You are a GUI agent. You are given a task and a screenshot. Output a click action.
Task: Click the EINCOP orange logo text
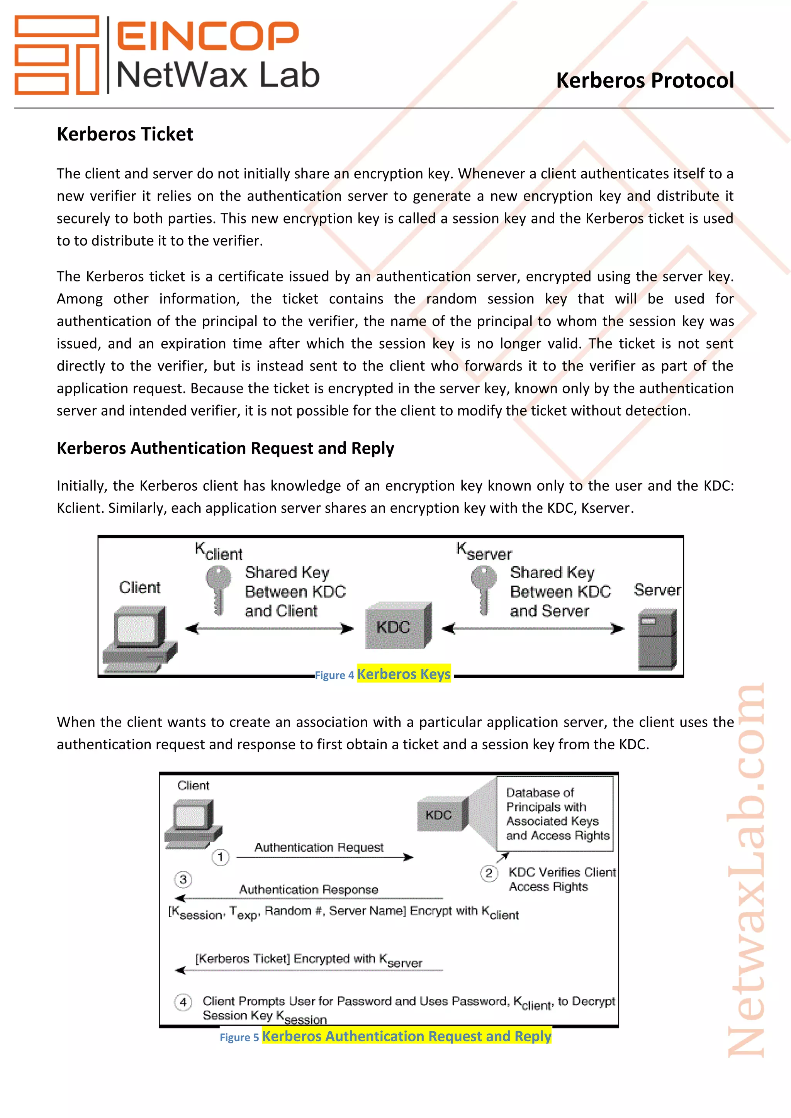[207, 36]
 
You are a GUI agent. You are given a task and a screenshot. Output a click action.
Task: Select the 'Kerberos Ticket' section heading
[125, 134]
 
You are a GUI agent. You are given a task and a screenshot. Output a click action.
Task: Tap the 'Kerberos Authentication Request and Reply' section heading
[225, 448]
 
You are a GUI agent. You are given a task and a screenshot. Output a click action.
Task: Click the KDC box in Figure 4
[397, 626]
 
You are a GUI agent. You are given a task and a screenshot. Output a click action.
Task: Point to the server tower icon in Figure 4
[657, 639]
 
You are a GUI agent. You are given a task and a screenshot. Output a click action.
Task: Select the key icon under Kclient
[218, 590]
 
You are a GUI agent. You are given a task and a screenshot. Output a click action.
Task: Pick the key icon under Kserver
[483, 590]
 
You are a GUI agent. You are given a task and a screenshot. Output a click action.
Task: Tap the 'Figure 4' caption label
[334, 675]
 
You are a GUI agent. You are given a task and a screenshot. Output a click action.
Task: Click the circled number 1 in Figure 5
[220, 857]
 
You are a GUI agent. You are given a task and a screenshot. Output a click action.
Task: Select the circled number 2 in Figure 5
[489, 873]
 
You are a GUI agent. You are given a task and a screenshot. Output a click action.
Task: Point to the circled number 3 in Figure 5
[183, 879]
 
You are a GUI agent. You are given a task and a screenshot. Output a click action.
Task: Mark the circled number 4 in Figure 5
[183, 1002]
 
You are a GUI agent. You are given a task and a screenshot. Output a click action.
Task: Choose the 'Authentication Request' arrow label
[319, 847]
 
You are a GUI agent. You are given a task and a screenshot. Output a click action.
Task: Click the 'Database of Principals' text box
[555, 814]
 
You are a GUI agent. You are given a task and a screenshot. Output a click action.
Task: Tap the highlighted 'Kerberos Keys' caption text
[404, 674]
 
